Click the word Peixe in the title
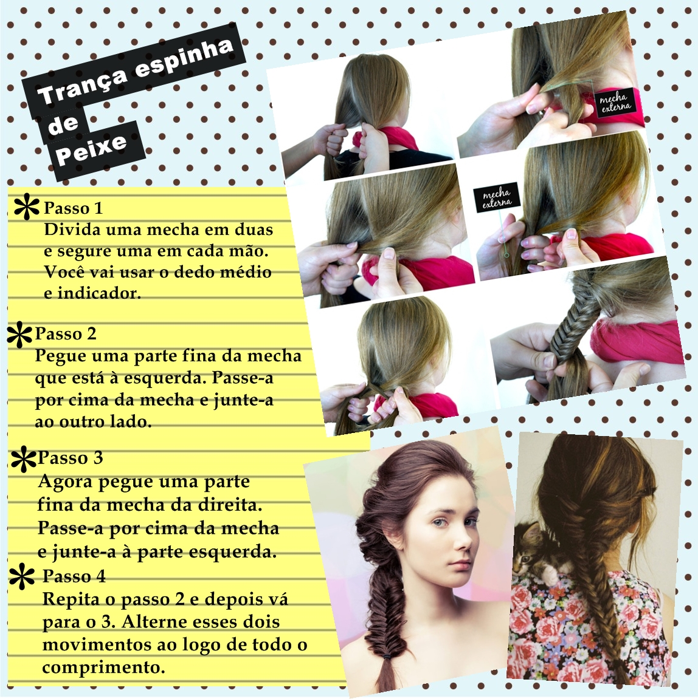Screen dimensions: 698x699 coord(92,149)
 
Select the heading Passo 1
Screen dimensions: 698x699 coord(73,208)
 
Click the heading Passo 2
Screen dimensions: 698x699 coord(66,333)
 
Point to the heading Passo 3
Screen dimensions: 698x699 coord(71,458)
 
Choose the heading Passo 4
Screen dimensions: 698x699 coord(74,576)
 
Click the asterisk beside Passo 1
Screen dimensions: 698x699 coord(26,206)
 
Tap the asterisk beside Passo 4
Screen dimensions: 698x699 coord(22,577)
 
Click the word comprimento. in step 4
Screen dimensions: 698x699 coord(103,668)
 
